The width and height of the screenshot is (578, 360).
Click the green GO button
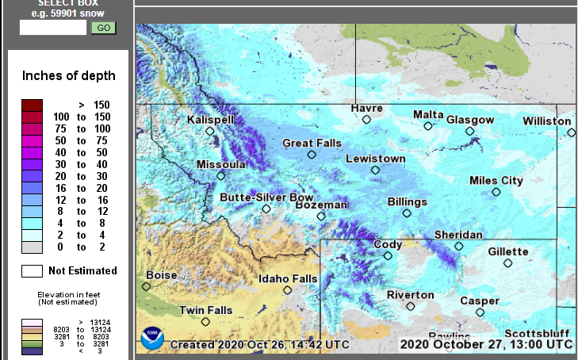[104, 28]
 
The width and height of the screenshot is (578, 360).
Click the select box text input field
[53, 28]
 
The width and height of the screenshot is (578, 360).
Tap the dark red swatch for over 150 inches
[33, 105]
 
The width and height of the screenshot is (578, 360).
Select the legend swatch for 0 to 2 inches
[33, 247]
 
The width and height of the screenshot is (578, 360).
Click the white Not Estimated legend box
[33, 270]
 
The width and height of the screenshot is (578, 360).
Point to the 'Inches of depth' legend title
[69, 76]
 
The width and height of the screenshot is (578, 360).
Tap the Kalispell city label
[211, 119]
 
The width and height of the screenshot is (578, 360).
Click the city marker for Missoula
[221, 176]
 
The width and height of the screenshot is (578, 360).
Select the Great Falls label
[312, 143]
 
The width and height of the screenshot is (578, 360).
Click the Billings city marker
[407, 213]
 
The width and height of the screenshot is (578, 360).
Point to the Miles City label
[496, 181]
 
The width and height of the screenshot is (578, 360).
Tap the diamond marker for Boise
[148, 287]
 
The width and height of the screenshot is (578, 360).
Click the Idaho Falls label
[289, 278]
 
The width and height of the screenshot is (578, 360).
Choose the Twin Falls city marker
[205, 322]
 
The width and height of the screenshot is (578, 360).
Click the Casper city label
[480, 301]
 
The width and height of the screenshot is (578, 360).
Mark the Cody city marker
[388, 255]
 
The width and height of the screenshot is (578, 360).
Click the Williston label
[546, 121]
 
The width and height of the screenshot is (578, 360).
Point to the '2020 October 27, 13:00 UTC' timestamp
[486, 344]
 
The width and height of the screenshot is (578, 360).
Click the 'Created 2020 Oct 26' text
[259, 345]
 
